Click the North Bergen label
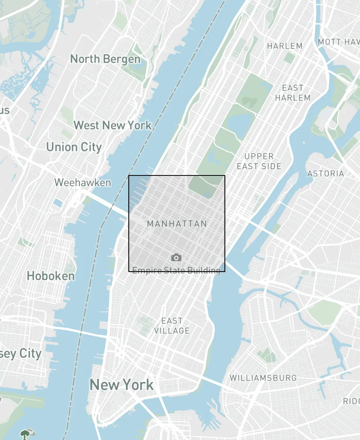point(105,59)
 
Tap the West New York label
point(113,125)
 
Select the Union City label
point(74,147)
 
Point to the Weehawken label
point(83,183)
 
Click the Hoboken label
point(50,276)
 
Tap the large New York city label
point(122,384)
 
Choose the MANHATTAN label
point(177,224)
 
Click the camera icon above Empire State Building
point(176,258)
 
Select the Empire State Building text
point(176,270)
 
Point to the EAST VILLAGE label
point(172,326)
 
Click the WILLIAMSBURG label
point(263,378)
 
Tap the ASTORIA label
point(326,173)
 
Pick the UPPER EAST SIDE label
point(259,161)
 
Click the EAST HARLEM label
point(293,93)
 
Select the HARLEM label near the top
point(285,46)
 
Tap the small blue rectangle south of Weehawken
point(58,203)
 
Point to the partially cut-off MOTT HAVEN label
point(339,42)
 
